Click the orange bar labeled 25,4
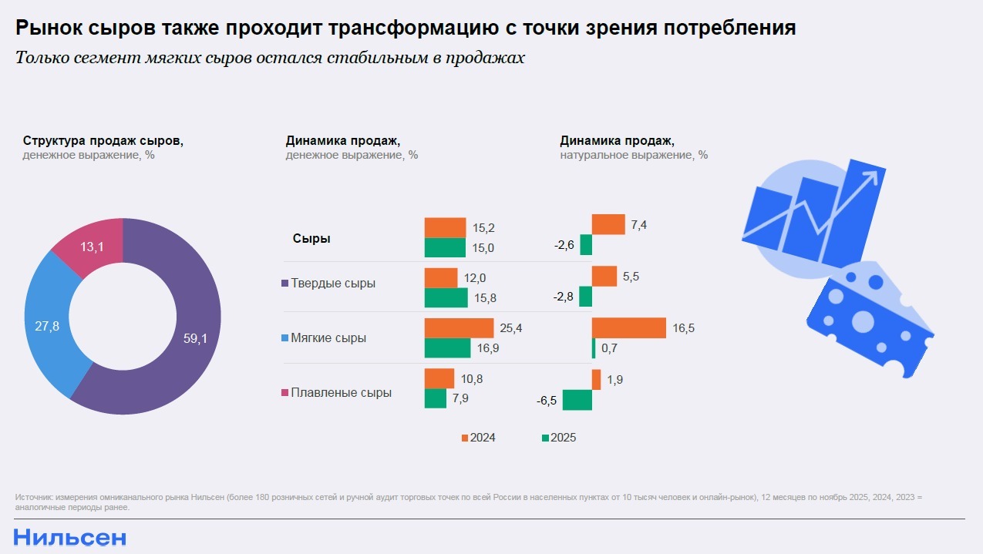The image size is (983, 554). (458, 327)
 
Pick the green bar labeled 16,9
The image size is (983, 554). (447, 348)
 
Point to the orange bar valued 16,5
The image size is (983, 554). (628, 327)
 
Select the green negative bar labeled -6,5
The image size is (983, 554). (577, 400)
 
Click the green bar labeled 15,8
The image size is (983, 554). (446, 297)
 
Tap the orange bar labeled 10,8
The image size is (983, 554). (439, 378)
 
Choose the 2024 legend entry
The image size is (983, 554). (478, 438)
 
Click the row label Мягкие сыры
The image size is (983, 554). (328, 338)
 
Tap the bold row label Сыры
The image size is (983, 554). (311, 239)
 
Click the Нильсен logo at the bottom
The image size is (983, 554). (69, 537)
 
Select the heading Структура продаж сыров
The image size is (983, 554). (103, 141)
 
